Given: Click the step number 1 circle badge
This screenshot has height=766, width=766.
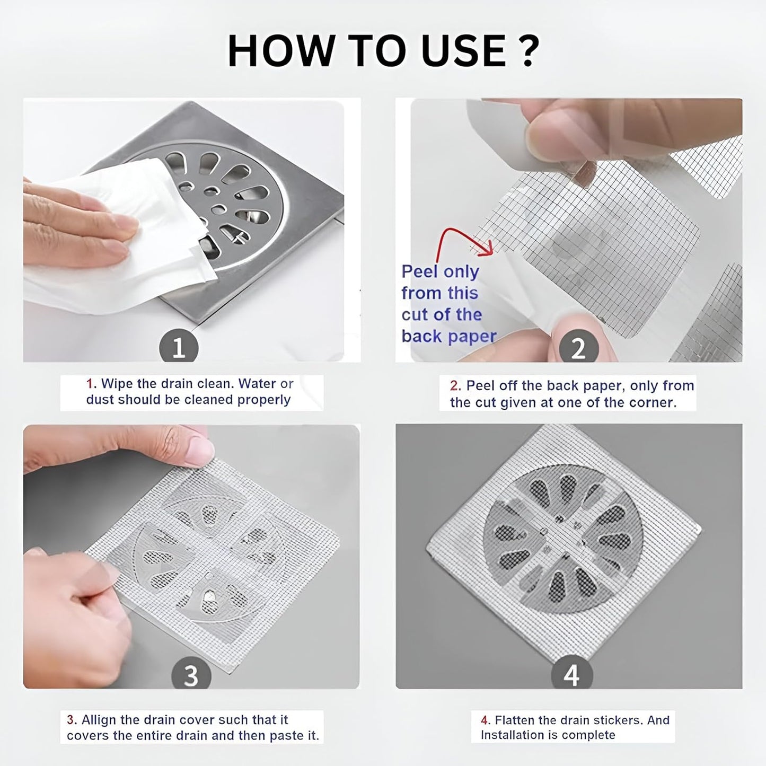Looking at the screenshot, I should tap(179, 348).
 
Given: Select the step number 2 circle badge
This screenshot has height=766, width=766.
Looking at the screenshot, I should tap(578, 348).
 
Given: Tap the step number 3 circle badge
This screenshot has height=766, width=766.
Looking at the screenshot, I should tap(191, 675).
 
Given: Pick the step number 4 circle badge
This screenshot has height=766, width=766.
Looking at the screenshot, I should tap(571, 675).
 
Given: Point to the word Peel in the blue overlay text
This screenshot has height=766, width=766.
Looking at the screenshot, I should tap(419, 271).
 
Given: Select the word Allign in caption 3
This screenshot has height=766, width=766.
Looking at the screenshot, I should tap(99, 720).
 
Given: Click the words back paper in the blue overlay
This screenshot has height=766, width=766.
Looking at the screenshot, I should tap(449, 337).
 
